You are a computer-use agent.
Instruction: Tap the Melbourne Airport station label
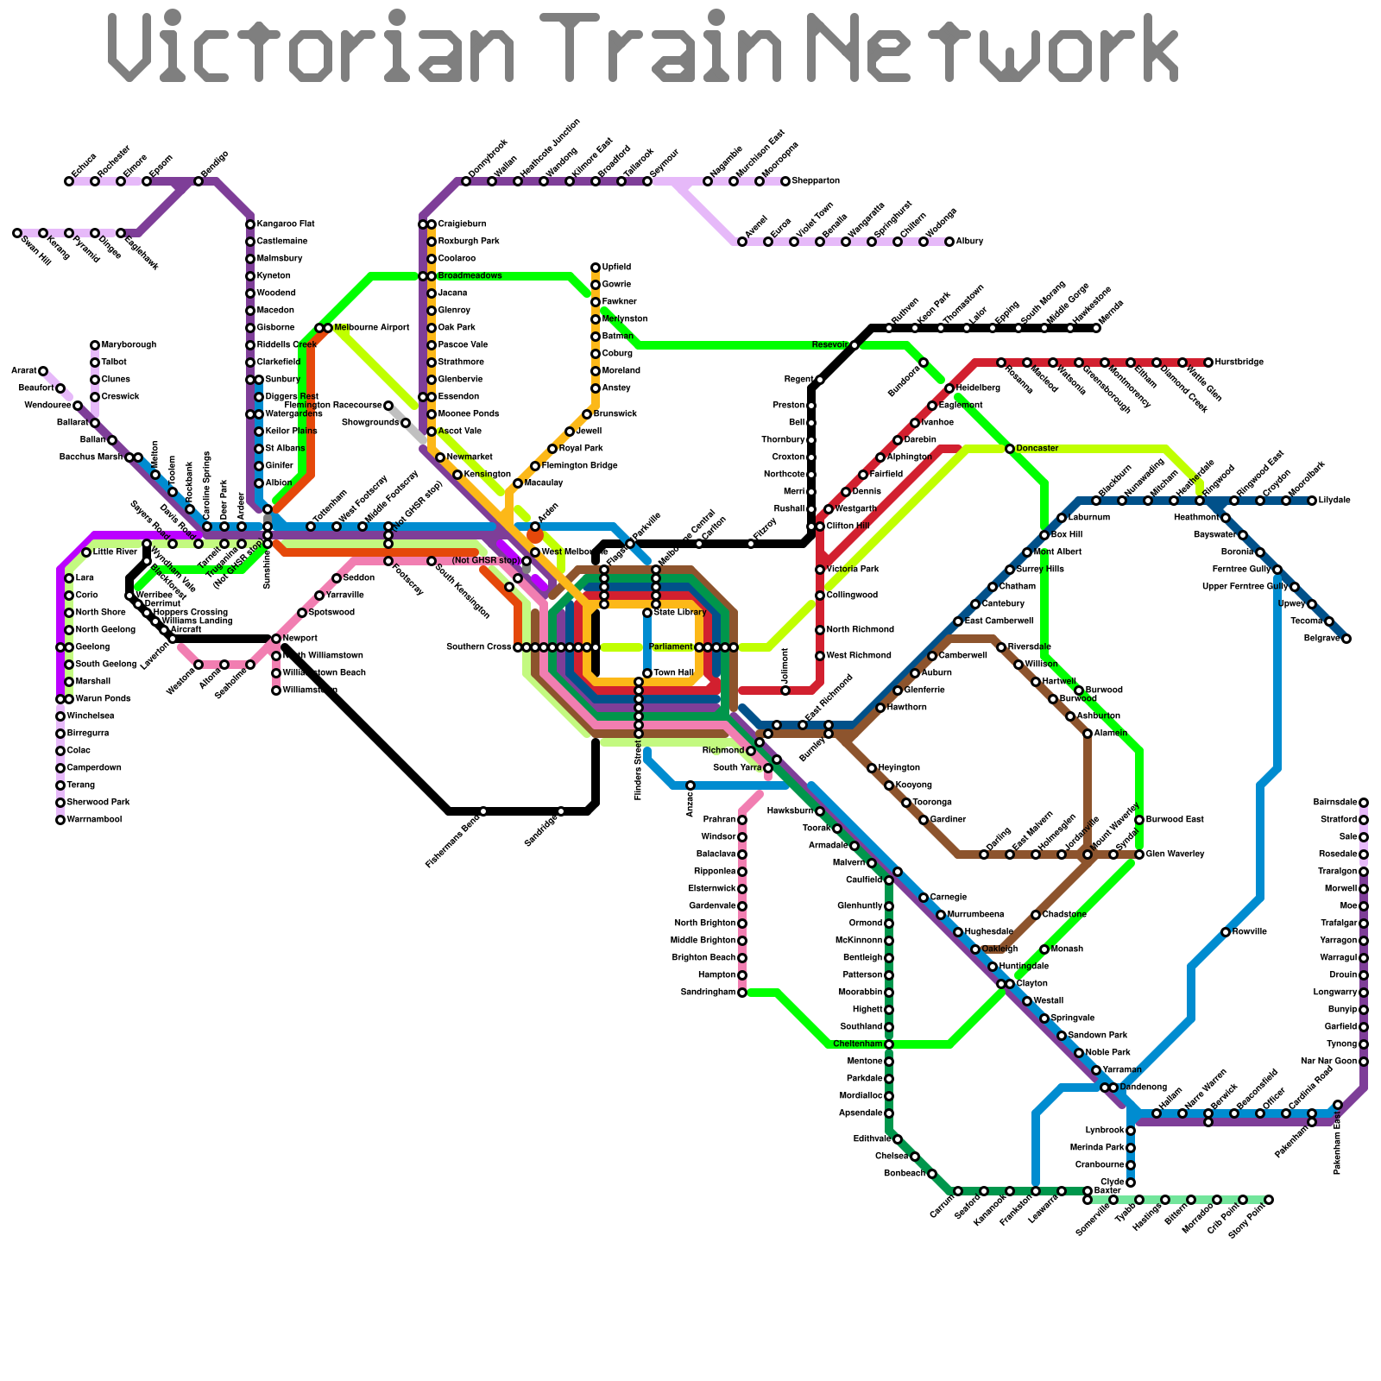click(x=372, y=328)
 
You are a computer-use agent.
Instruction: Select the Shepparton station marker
click(x=785, y=181)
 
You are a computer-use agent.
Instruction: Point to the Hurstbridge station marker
click(x=1208, y=363)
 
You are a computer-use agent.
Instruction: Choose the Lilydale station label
click(x=1335, y=501)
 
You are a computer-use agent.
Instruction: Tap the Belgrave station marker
click(x=1346, y=639)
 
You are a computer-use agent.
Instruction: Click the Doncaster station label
click(x=1037, y=449)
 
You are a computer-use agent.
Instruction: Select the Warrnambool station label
click(x=94, y=820)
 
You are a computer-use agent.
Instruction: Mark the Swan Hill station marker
click(x=17, y=233)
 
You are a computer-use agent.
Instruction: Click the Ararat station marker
click(x=43, y=371)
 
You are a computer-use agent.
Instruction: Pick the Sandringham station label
click(x=709, y=993)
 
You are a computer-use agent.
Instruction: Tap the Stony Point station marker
click(x=1269, y=1200)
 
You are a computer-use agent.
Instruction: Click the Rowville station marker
click(x=1226, y=932)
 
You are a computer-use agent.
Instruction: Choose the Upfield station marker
click(x=596, y=268)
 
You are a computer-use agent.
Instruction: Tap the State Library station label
click(x=679, y=613)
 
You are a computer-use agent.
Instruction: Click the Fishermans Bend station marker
click(x=483, y=811)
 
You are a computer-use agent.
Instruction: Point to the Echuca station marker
click(x=69, y=181)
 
